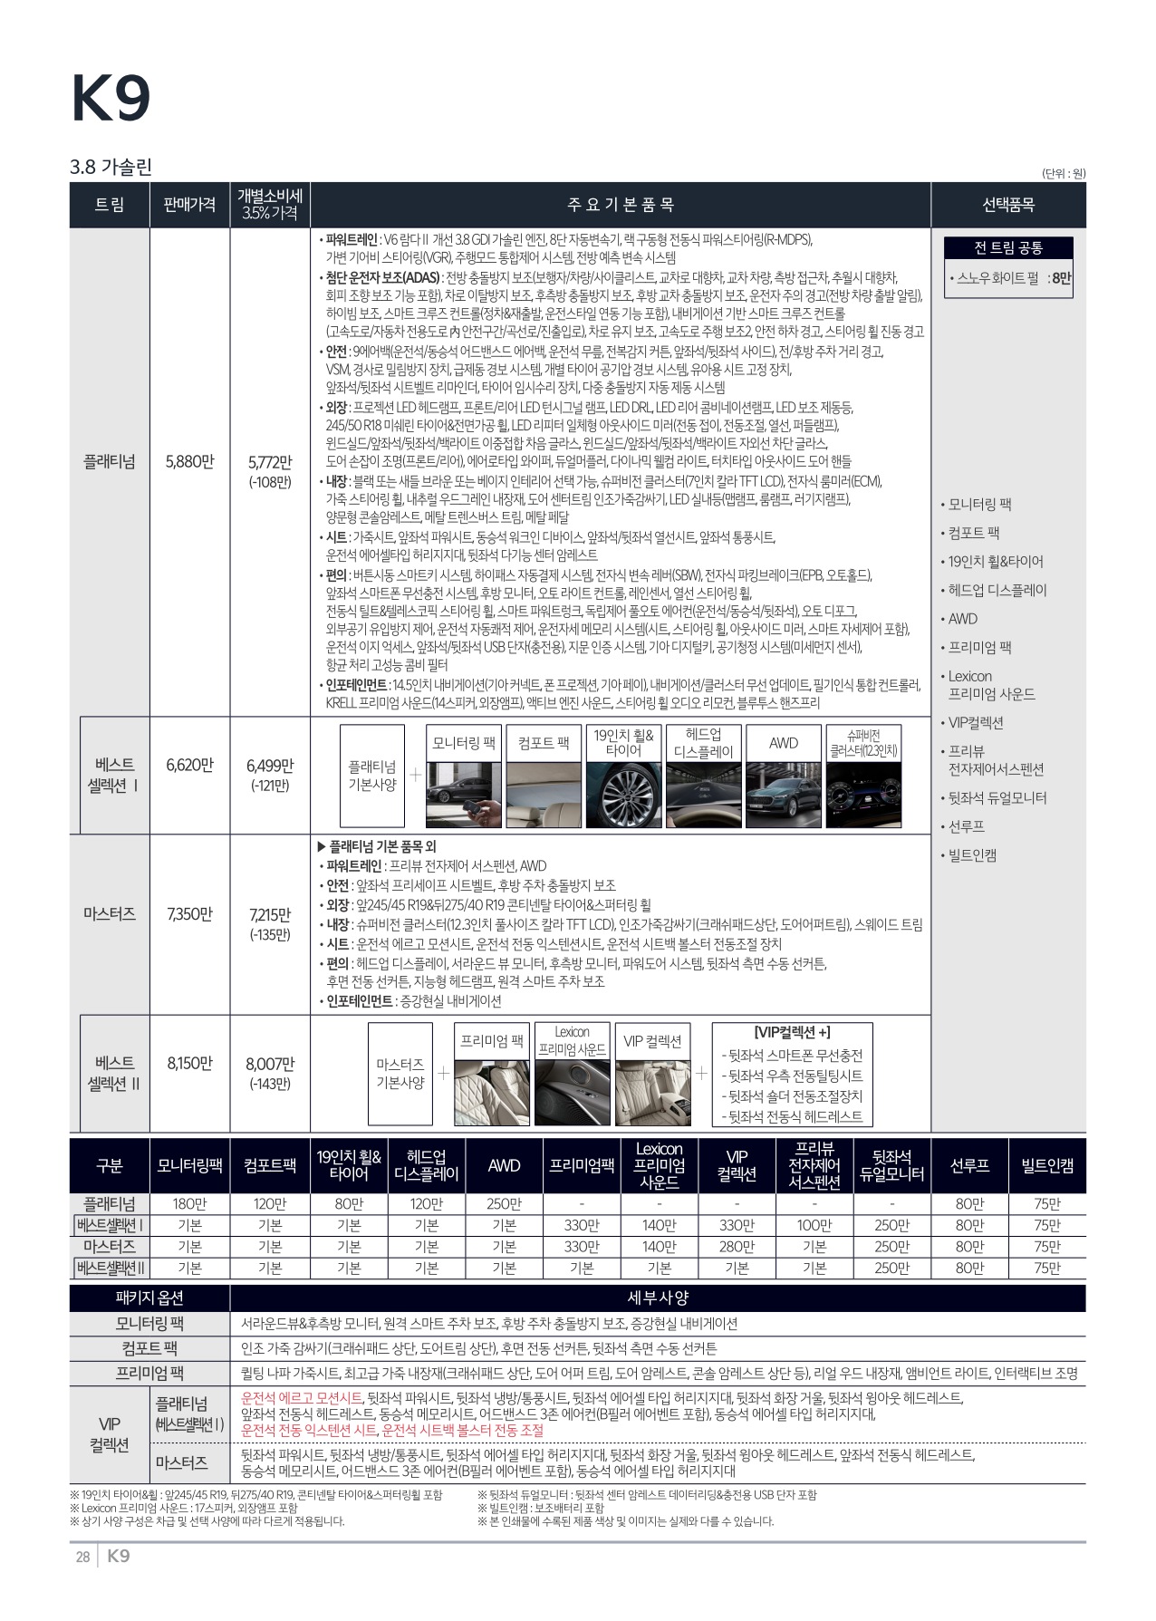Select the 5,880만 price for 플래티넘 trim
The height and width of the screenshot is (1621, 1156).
(189, 461)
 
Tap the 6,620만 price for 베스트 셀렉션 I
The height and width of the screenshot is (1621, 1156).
(189, 765)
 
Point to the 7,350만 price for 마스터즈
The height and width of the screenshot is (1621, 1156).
(189, 913)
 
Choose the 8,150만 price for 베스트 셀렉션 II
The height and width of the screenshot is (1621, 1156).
(189, 1063)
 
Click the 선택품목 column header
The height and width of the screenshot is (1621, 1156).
(1007, 205)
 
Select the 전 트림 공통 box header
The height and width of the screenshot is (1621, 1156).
(1008, 248)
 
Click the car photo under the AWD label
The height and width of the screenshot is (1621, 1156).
(783, 795)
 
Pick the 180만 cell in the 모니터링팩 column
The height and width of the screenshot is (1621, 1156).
(189, 1204)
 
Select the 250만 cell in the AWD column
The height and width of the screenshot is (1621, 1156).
(504, 1204)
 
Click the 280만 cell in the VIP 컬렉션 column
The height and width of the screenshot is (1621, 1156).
(737, 1247)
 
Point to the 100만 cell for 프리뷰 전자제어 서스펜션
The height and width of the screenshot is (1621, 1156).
(814, 1226)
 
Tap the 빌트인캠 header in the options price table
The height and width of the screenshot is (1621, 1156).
(1046, 1165)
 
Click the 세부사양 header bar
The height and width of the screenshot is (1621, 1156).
(658, 1298)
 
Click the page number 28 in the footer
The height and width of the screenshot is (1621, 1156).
(82, 1557)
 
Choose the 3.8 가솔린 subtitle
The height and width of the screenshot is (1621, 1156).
(111, 167)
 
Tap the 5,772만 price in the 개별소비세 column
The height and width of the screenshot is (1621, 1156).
(270, 463)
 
